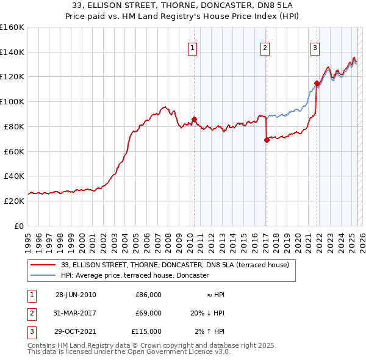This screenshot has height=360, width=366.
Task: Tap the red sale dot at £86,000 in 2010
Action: coord(194,119)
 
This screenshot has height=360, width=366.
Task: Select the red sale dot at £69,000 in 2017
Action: coord(267,140)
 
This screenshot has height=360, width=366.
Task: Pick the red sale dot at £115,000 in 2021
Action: coord(317,83)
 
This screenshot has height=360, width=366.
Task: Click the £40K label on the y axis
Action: coord(14,176)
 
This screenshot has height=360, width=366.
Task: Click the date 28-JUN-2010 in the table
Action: coord(76,295)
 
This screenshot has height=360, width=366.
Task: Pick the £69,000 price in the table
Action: coord(148,313)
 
